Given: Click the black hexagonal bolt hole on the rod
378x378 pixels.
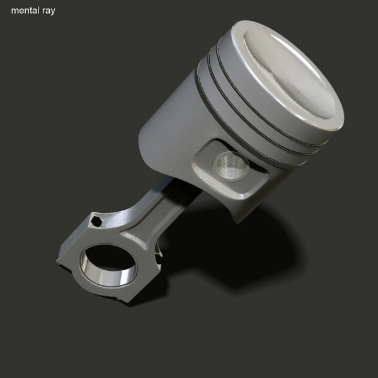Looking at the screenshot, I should [x=96, y=221].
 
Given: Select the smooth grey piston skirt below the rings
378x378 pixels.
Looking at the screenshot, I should [x=170, y=132].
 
